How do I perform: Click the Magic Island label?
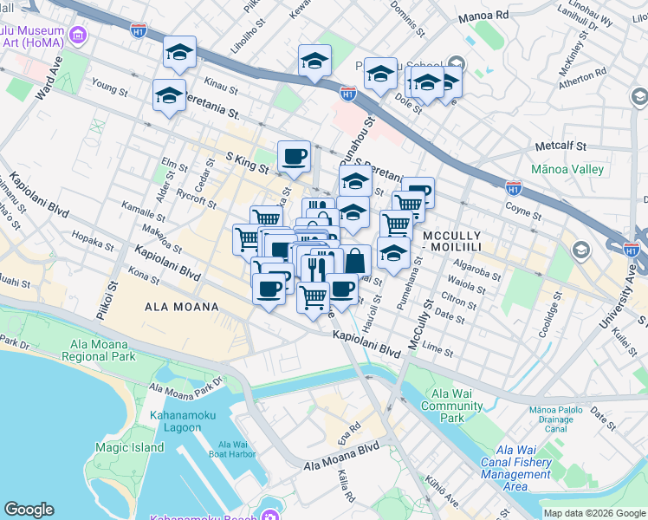(x=129, y=447)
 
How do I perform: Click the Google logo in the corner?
(x=29, y=510)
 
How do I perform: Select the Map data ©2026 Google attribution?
(x=594, y=513)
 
